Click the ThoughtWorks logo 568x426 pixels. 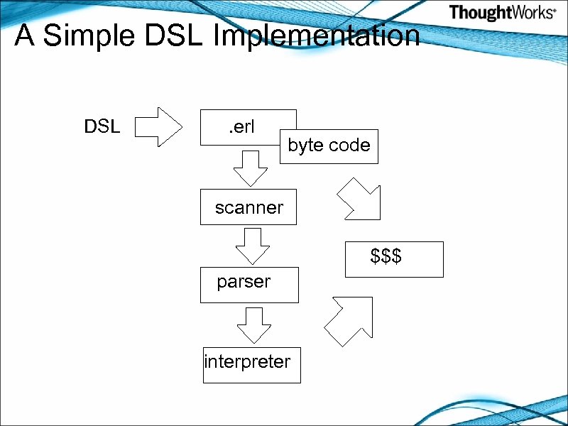502,13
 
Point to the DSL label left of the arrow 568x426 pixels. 102,127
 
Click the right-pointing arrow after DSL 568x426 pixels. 158,127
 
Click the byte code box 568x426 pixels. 329,146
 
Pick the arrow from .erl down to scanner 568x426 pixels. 251,167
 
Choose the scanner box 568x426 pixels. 248,207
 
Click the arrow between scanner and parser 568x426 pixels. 252,246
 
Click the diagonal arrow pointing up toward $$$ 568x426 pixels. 349,321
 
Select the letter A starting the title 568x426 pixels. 24,35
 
